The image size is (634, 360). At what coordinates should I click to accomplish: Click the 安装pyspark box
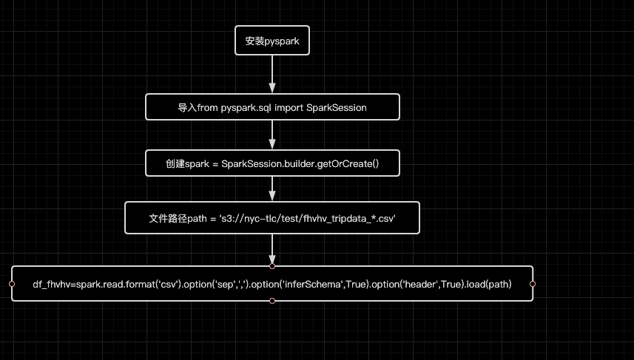tap(272, 41)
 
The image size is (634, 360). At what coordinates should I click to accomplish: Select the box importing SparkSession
tap(272, 107)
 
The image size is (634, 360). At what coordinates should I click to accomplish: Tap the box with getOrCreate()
tap(272, 163)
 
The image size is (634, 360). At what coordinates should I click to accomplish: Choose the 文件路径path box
tap(272, 219)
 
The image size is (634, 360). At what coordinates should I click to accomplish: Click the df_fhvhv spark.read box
tap(272, 283)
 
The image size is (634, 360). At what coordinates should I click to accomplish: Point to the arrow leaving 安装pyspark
tap(272, 74)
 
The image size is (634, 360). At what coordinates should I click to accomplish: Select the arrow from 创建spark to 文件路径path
tap(272, 189)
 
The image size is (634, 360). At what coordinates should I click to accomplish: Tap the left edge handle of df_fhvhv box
tap(12, 283)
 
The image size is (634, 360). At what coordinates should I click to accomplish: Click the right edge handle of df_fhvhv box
tap(533, 283)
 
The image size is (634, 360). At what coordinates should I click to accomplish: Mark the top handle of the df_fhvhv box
tap(272, 265)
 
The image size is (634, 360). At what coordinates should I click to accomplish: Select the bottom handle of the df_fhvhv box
tap(272, 301)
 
